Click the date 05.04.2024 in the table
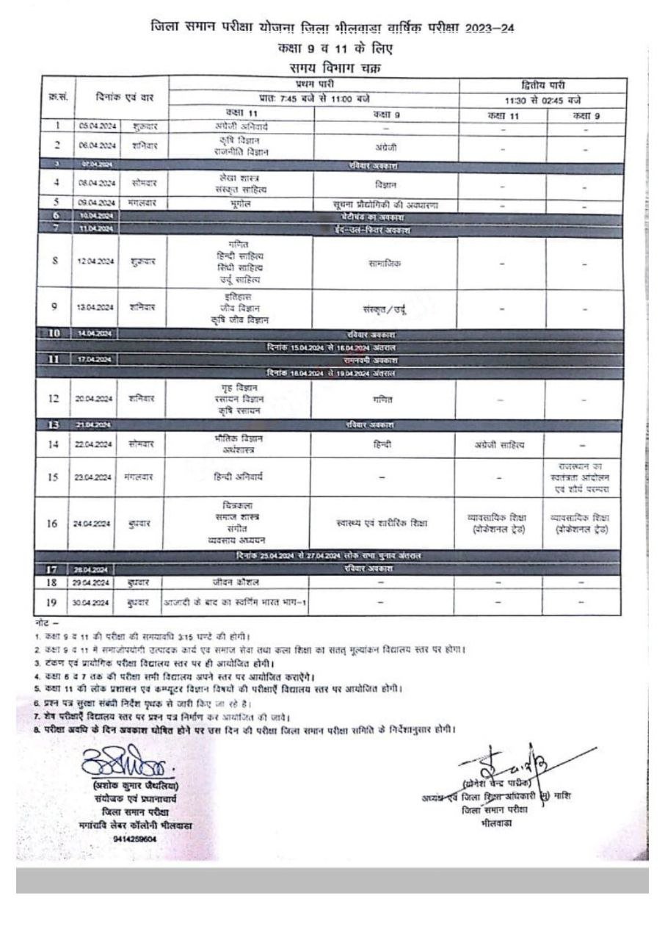coord(93,126)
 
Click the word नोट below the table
coord(41,621)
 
